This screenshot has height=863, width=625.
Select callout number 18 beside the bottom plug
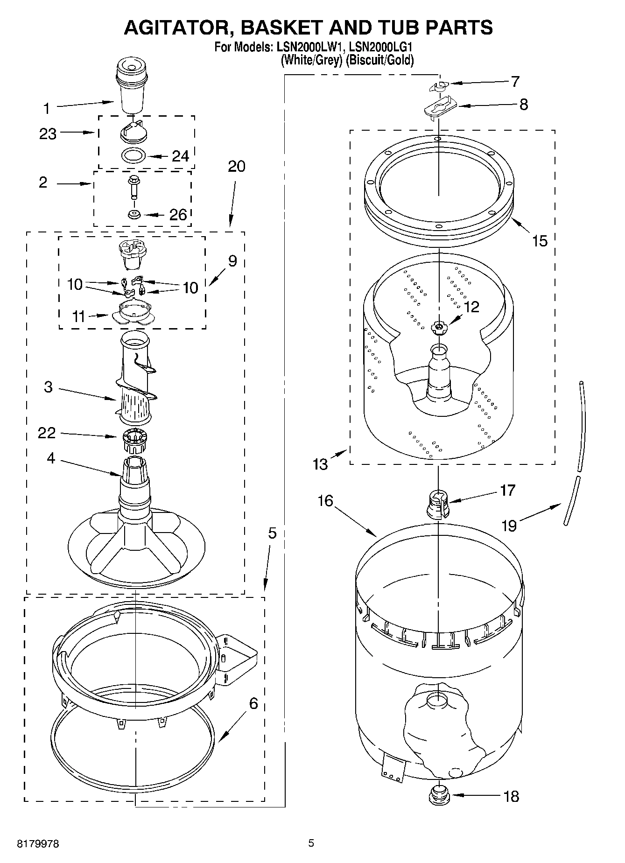pyautogui.click(x=512, y=796)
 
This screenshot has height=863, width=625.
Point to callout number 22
pyautogui.click(x=47, y=433)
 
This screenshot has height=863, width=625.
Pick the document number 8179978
pyautogui.click(x=38, y=844)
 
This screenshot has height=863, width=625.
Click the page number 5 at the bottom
pyautogui.click(x=311, y=843)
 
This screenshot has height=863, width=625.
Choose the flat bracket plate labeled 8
pyautogui.click(x=439, y=108)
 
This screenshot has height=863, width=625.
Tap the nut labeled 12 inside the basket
pyautogui.click(x=438, y=328)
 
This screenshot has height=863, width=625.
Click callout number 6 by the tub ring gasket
pyautogui.click(x=253, y=703)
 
